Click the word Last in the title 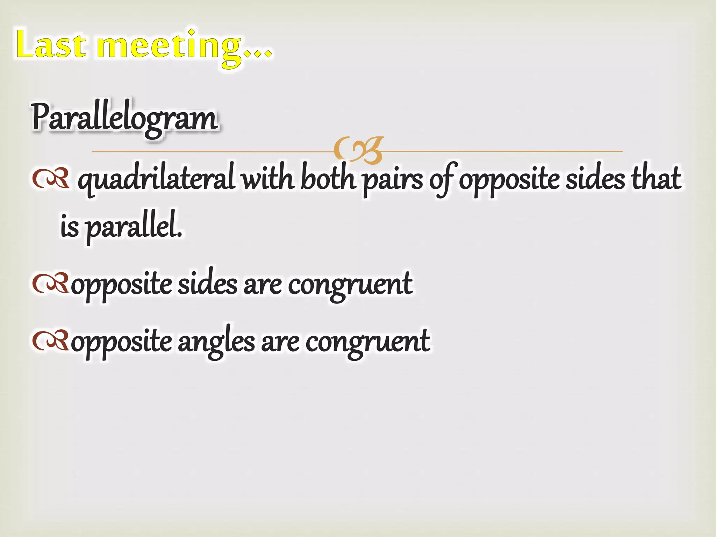click(x=51, y=44)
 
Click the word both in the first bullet click(x=328, y=178)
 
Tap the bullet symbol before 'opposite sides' click(x=50, y=283)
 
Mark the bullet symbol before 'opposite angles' click(x=50, y=341)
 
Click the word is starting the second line click(x=70, y=225)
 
